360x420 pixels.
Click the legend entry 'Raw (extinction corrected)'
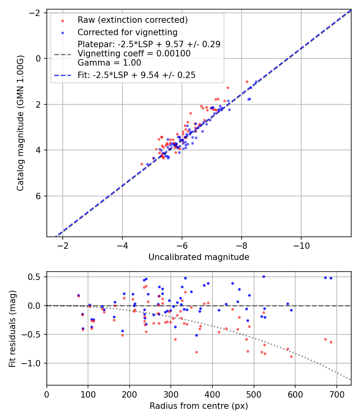132,20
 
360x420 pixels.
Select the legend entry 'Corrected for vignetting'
127,32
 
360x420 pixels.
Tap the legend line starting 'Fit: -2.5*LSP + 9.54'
136,75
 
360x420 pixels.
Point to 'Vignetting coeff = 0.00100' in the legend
134,54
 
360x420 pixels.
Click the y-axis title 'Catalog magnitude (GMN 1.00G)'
20,123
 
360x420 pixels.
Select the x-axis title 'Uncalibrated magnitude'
199,257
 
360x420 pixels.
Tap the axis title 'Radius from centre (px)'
199,406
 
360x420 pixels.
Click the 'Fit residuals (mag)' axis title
12,328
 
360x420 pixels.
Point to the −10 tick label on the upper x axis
301,246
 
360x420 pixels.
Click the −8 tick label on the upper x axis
241,246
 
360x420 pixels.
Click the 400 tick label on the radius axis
212,394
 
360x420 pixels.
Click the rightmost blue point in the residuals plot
331,278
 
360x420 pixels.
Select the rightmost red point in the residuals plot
331,342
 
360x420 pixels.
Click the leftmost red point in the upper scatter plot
142,164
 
